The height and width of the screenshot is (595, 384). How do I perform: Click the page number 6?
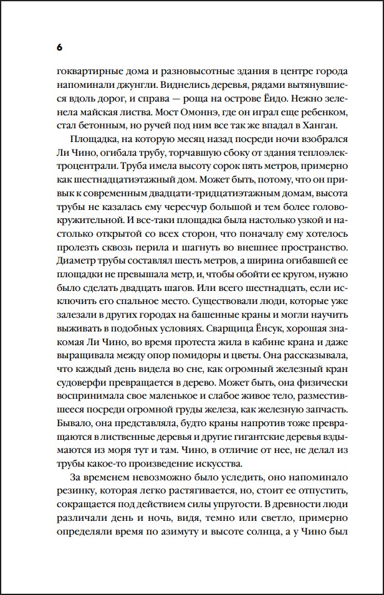click(x=59, y=47)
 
